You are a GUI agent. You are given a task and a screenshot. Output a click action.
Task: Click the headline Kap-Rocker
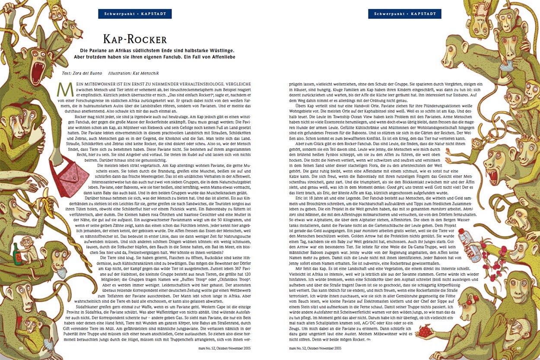(x=135, y=39)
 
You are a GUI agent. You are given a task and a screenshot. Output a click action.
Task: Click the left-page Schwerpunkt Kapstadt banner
(x=135, y=14)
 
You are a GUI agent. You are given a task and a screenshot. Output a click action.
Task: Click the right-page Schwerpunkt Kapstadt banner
(x=405, y=14)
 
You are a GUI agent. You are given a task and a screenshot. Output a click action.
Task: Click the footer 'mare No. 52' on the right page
(x=315, y=348)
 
